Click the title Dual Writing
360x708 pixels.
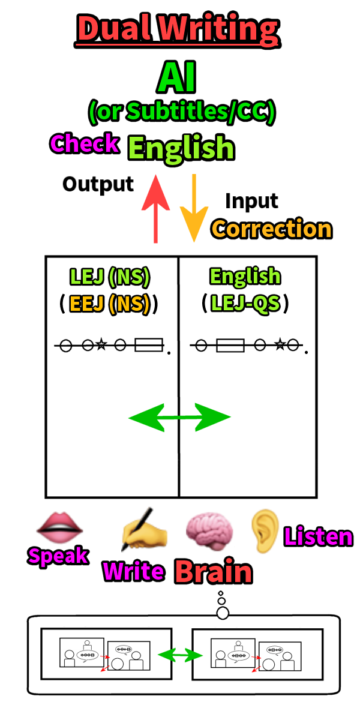(x=178, y=29)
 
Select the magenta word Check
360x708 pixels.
(x=85, y=144)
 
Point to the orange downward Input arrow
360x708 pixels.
(x=193, y=207)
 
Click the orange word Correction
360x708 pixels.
(x=271, y=229)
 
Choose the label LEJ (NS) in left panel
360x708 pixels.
(x=110, y=277)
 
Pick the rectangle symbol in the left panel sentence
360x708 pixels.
(x=149, y=345)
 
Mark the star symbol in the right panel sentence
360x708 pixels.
(x=279, y=345)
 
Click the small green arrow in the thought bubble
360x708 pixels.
(x=181, y=655)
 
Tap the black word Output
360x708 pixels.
(x=98, y=184)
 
